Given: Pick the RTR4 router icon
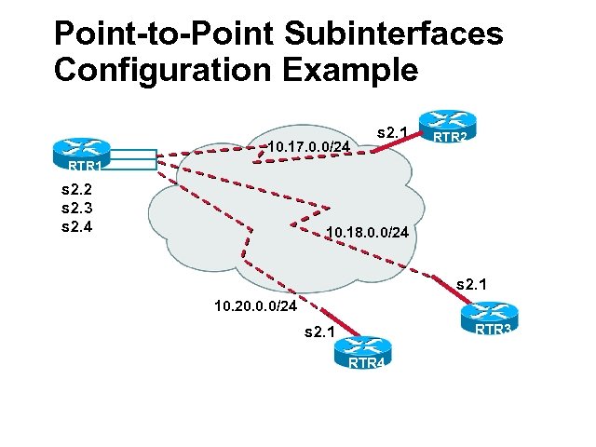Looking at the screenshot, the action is click(x=366, y=351).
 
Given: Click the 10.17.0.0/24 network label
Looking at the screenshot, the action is click(x=308, y=146).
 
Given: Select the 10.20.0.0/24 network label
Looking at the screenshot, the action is click(x=255, y=305).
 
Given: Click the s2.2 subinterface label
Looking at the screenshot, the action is click(x=76, y=191).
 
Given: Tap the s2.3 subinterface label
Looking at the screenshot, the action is click(x=76, y=208).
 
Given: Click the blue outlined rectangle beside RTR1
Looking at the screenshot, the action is click(x=131, y=159).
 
